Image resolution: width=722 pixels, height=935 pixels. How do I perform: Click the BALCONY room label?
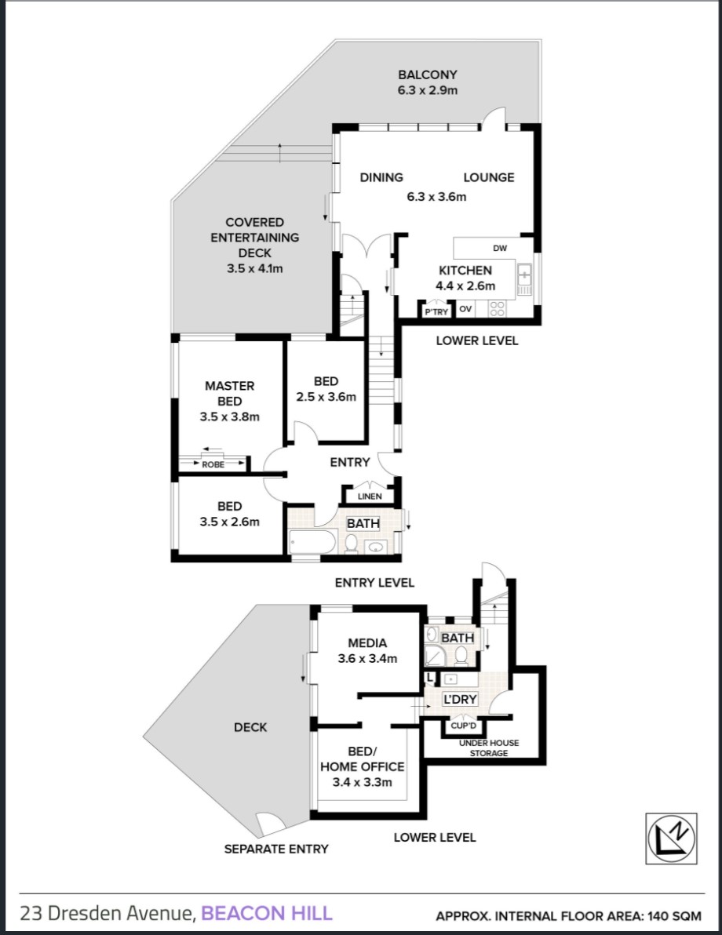point(427,75)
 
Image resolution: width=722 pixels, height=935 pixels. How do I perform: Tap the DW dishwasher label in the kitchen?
point(500,248)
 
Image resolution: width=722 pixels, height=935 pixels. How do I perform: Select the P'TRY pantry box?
point(436,311)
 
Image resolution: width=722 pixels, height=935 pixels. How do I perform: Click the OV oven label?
point(465,309)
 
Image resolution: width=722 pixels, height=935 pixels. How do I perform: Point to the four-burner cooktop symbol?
point(497,308)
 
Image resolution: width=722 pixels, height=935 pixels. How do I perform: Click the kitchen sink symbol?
point(524,275)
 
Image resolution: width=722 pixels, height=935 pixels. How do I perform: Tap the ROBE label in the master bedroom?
point(213,464)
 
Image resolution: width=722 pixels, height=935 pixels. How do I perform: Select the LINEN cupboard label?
point(370,496)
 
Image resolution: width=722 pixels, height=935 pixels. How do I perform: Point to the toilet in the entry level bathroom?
point(352,544)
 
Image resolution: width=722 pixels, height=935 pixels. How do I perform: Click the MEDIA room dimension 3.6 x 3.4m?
point(367,659)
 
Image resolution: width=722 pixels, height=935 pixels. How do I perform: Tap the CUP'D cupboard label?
point(464,726)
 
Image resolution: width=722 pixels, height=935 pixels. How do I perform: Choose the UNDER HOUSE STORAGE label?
point(489,748)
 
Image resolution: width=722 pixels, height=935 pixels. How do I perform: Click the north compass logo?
point(672,839)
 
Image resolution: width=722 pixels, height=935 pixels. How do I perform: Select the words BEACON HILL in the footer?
point(267,913)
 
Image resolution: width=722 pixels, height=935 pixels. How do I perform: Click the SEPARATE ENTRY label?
point(276,849)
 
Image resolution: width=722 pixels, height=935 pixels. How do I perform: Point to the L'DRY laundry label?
point(459,699)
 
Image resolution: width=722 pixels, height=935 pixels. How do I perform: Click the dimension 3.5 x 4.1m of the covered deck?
point(255,268)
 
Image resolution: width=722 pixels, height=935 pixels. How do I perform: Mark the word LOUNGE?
point(489,177)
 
